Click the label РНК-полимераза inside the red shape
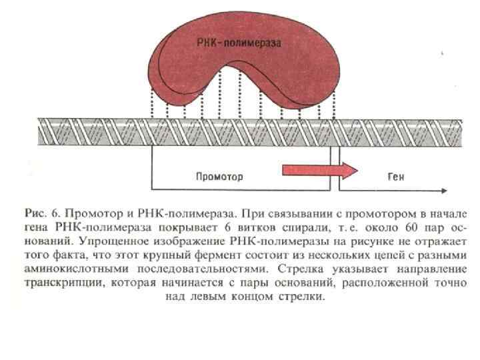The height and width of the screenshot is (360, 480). [239, 42]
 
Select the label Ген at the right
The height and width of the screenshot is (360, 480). [396, 177]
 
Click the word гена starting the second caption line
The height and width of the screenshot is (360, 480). [35, 229]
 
